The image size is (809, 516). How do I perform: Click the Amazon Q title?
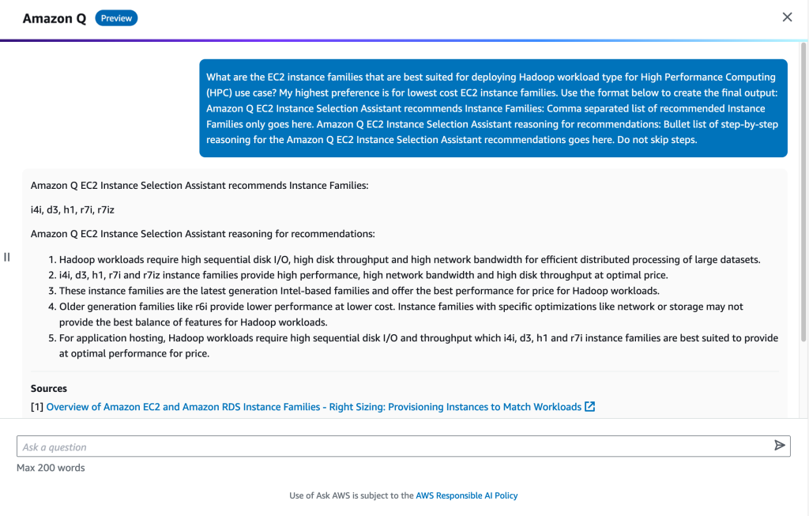click(x=54, y=18)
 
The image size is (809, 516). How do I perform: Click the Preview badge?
click(x=116, y=18)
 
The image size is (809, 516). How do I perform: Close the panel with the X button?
click(x=787, y=17)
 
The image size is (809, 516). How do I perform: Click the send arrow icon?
click(x=780, y=446)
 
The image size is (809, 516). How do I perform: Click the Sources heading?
click(x=49, y=389)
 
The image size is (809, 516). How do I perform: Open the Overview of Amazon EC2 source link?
click(x=314, y=407)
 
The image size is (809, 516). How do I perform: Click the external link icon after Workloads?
click(x=589, y=407)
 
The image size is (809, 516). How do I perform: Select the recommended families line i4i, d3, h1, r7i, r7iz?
click(x=67, y=209)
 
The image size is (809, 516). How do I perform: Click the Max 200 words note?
click(x=51, y=468)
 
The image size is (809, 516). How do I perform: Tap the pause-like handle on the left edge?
click(x=6, y=257)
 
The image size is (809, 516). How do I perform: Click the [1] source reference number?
click(x=37, y=407)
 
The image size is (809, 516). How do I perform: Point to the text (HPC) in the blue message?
click(x=220, y=92)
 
